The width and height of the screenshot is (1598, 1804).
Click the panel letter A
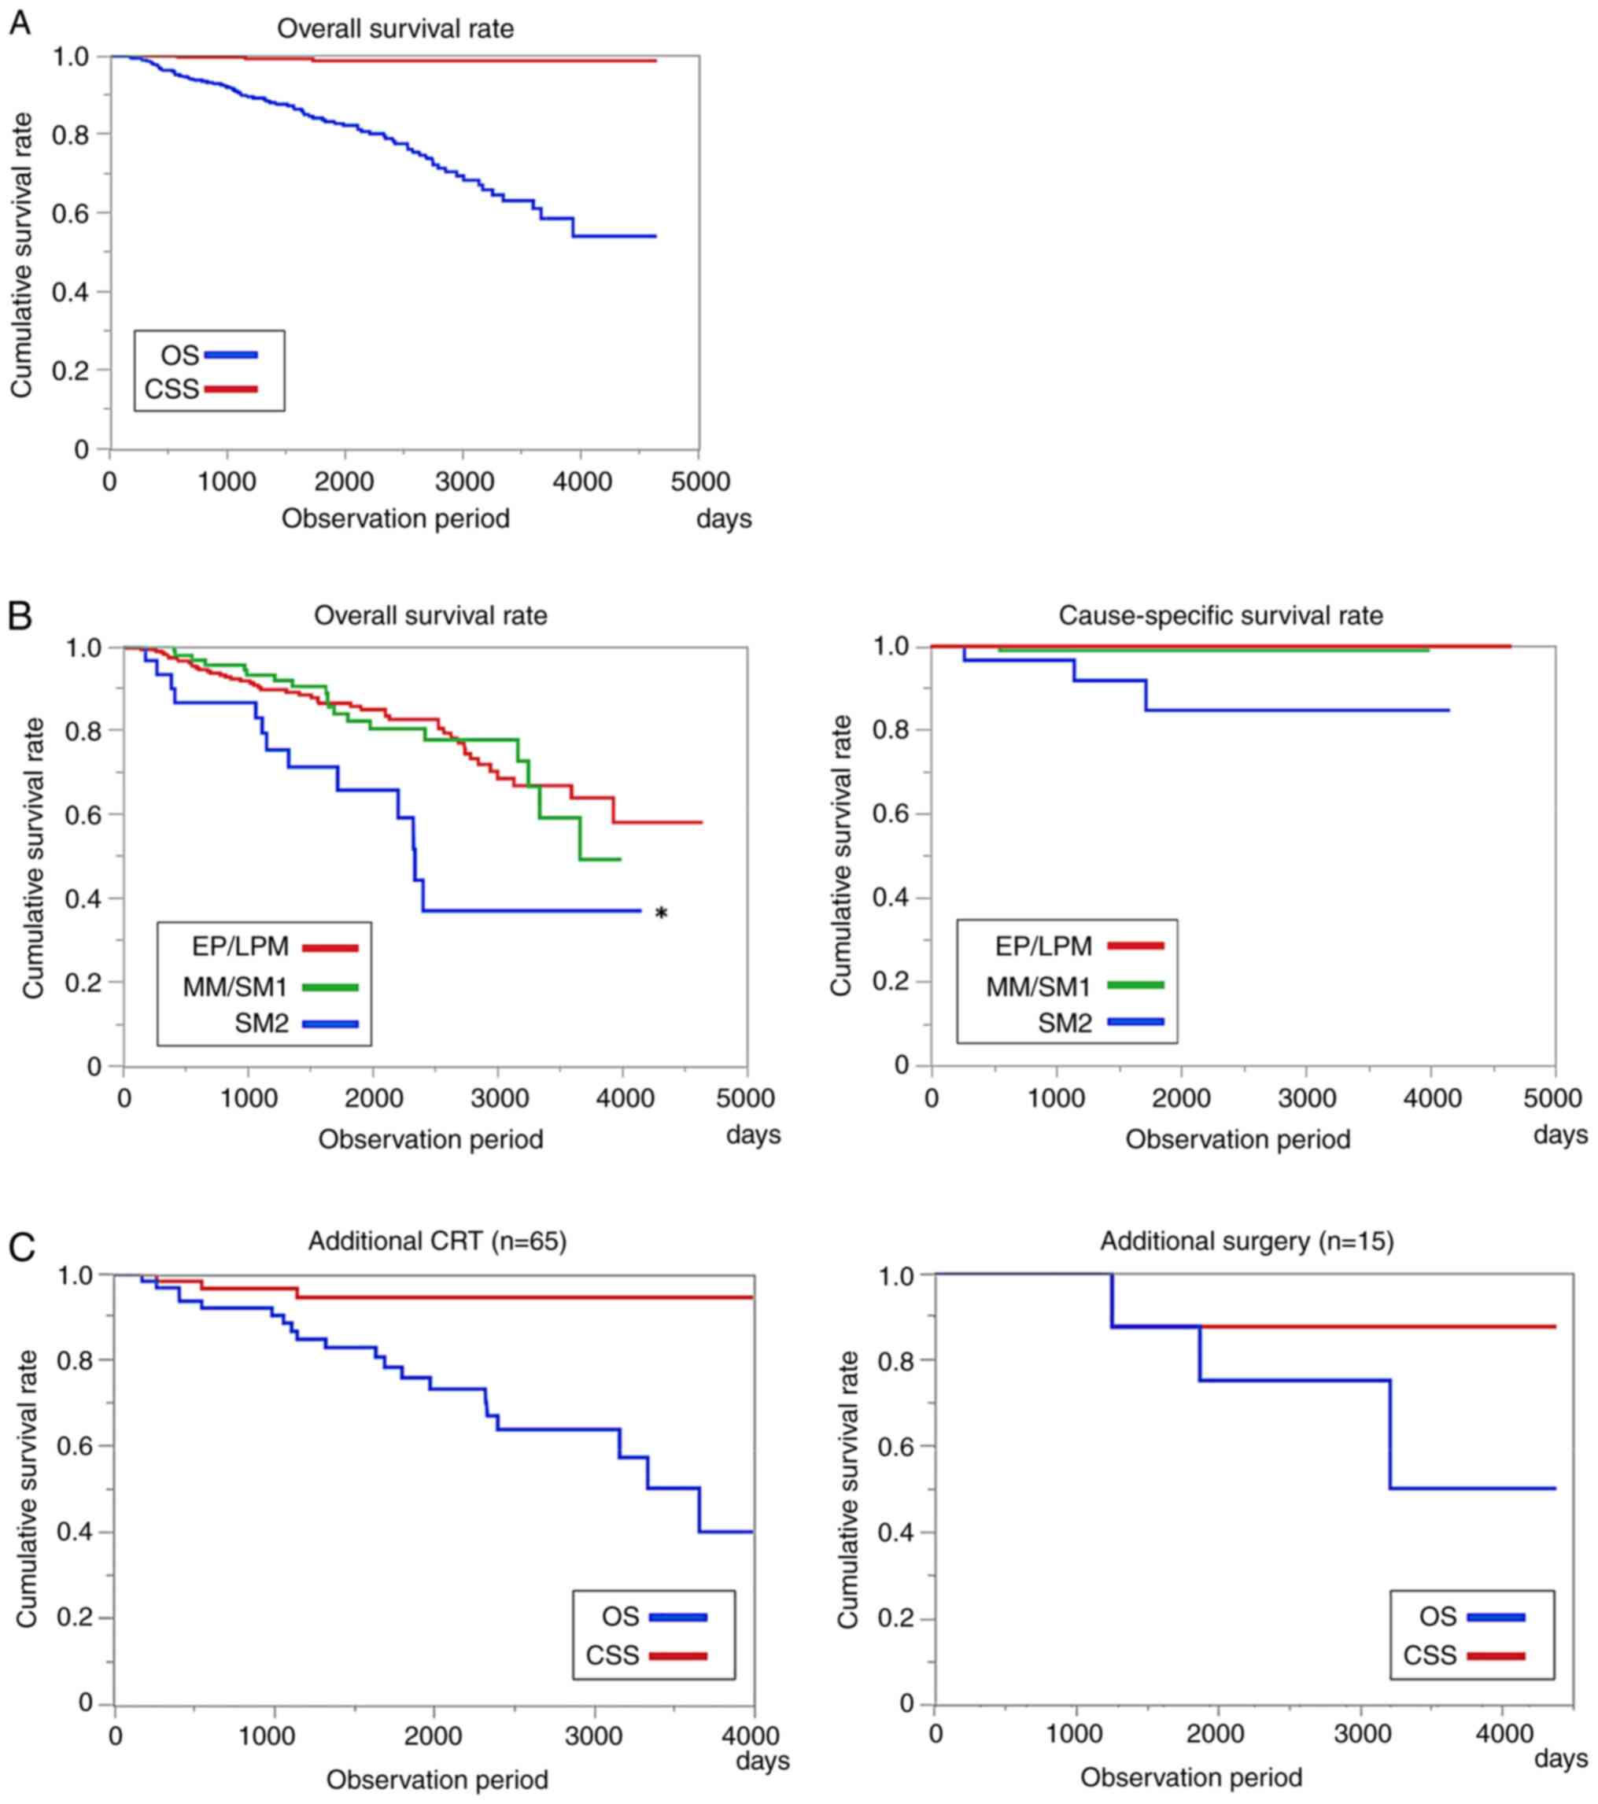(20, 23)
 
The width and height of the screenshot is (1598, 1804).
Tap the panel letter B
(20, 615)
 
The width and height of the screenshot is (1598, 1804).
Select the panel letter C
(21, 1247)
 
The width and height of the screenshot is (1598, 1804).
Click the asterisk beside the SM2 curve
(660, 914)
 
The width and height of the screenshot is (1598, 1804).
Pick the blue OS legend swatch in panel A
(231, 356)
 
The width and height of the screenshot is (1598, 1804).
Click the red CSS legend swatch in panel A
(231, 389)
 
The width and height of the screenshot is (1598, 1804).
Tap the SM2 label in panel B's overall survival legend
(261, 1024)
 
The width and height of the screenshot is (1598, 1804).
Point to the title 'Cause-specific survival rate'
(1220, 615)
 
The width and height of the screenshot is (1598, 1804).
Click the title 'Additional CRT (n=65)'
(437, 1241)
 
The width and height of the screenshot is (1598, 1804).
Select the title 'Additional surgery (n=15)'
(1246, 1241)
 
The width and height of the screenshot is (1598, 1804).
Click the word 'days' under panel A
(724, 518)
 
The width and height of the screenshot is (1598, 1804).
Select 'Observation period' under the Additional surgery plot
(1191, 1776)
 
